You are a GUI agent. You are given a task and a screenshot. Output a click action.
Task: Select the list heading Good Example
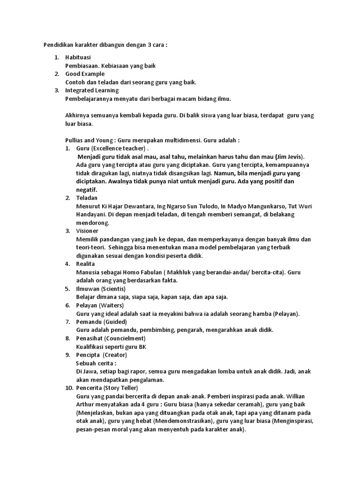point(85,74)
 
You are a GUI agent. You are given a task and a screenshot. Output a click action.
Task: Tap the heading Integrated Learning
point(92,90)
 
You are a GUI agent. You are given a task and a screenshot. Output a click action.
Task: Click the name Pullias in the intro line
point(74,140)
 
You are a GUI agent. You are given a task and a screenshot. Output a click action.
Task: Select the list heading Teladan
point(87,198)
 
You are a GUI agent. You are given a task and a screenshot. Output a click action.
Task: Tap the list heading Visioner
point(88,231)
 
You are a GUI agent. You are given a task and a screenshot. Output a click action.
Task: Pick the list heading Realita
point(86,264)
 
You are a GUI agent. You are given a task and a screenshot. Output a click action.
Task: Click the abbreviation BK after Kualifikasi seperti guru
point(142,346)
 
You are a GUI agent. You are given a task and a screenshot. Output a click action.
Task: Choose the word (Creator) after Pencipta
point(115,355)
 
